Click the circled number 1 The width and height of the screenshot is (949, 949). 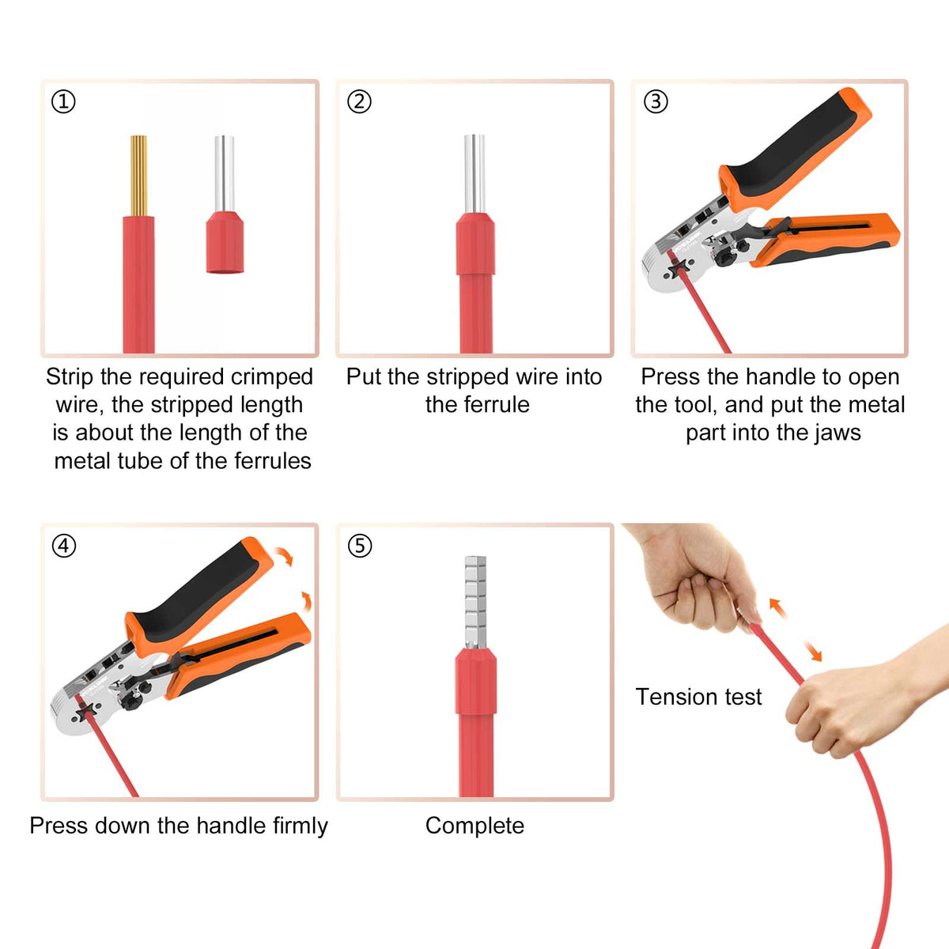(63, 102)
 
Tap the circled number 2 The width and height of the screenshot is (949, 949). (359, 102)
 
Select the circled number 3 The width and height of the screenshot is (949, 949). (656, 102)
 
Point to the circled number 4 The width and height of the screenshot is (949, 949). (64, 546)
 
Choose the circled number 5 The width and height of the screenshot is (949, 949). (360, 546)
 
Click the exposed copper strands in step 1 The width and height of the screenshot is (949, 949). (138, 176)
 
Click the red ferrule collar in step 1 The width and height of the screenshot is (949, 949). (225, 242)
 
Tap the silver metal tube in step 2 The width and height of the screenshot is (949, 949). (475, 174)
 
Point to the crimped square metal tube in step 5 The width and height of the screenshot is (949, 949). (476, 602)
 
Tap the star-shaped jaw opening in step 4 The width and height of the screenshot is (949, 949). (85, 711)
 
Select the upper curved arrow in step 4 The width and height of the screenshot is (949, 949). (284, 555)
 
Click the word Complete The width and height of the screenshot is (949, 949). (475, 826)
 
